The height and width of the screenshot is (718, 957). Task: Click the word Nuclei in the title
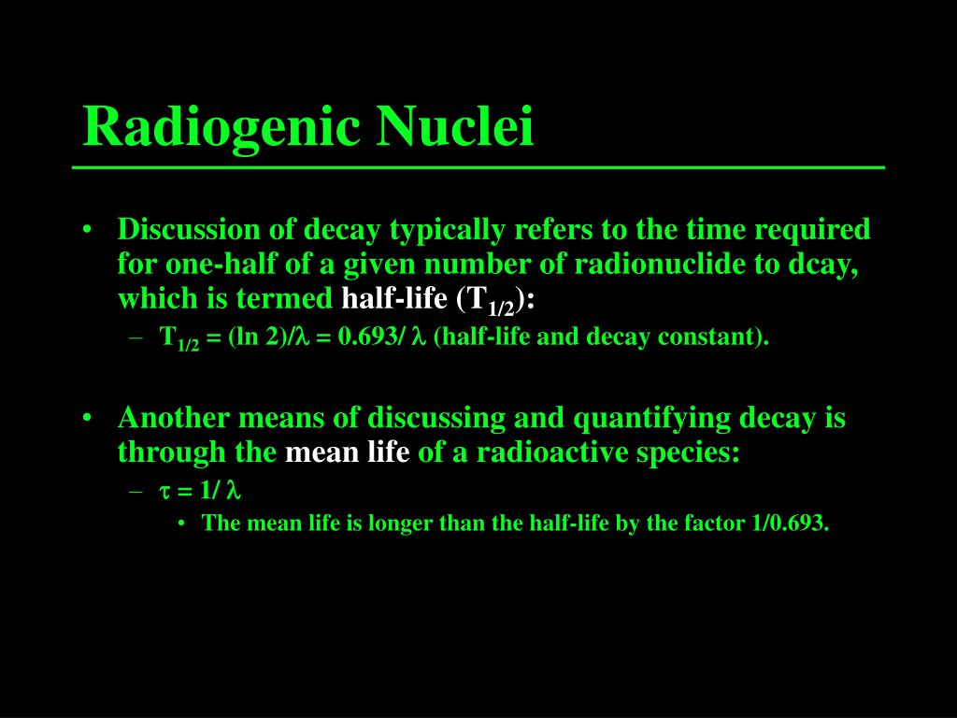click(x=455, y=126)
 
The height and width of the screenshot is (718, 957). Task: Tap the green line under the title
click(x=478, y=167)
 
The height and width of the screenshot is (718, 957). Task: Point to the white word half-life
click(x=394, y=298)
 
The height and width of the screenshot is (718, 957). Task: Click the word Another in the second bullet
click(x=174, y=418)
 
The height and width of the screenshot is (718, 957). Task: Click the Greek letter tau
click(x=164, y=492)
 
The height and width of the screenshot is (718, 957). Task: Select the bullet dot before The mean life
click(x=182, y=524)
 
